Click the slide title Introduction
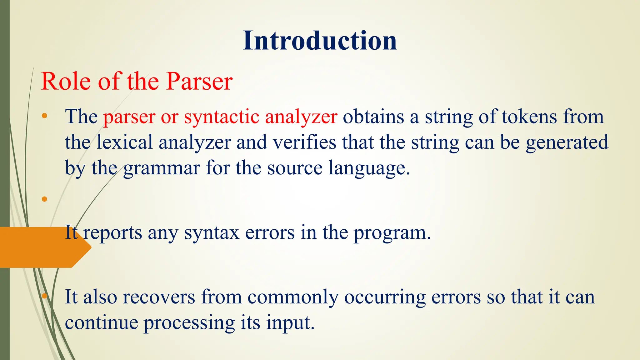tap(320, 41)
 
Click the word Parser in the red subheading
tap(199, 82)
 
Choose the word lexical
tap(124, 142)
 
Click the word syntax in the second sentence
tap(212, 233)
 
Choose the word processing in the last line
tap(189, 323)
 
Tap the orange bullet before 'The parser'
tap(44, 116)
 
